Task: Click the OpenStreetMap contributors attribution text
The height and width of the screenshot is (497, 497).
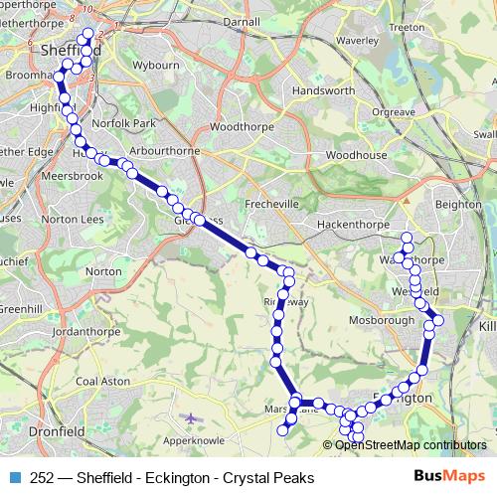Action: coord(411,445)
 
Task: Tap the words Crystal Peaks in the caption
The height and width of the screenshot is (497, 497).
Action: coord(269,477)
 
